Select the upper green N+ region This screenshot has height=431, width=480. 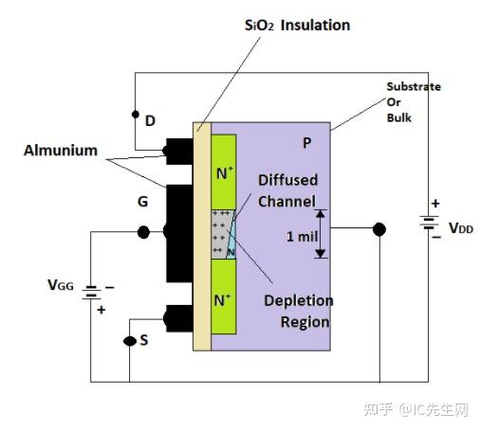[224, 171]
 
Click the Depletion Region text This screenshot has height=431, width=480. [299, 311]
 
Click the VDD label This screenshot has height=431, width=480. [461, 228]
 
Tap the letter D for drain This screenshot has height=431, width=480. [150, 121]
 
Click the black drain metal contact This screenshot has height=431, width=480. [178, 150]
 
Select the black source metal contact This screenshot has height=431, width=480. [178, 318]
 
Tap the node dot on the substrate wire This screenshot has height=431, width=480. [379, 229]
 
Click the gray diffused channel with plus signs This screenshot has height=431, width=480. [221, 232]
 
